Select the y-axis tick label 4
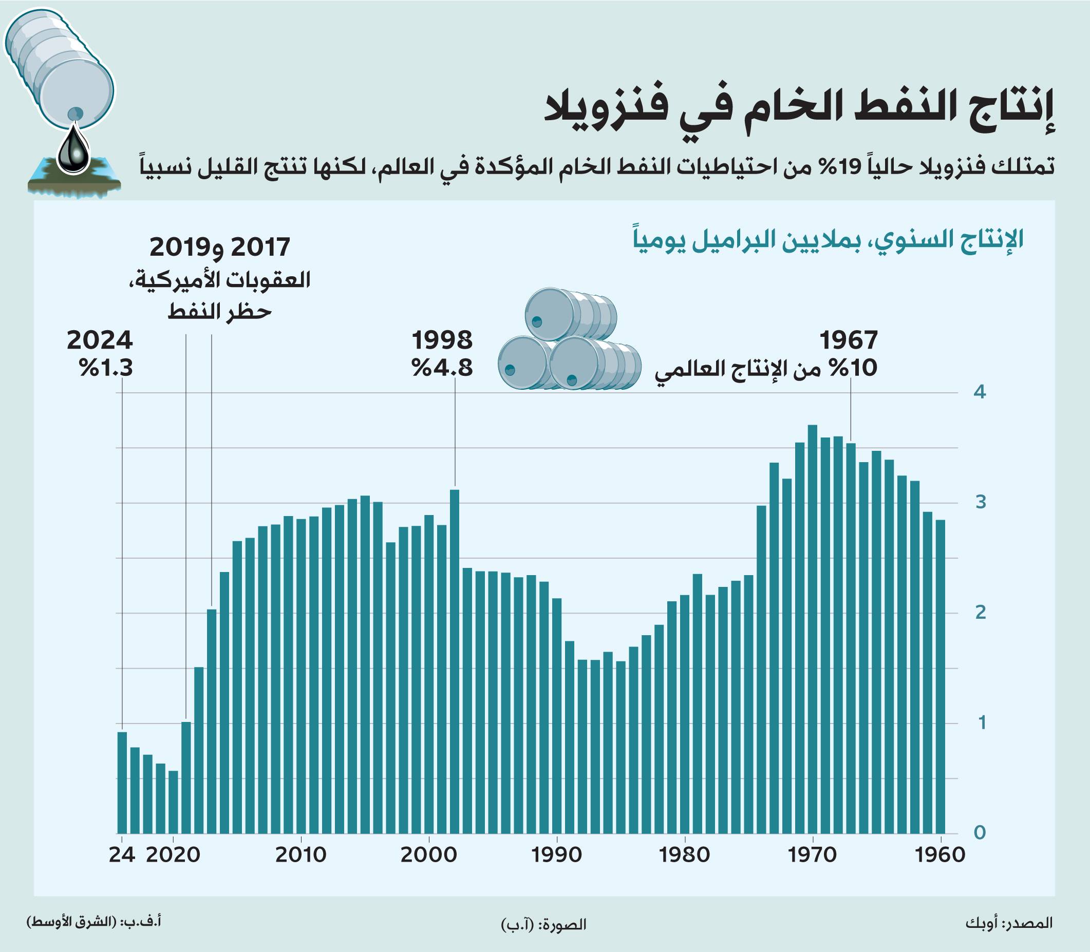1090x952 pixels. pos(980,393)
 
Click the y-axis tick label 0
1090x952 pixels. pos(980,832)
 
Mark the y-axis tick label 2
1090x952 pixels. pos(980,613)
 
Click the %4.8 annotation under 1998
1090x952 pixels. pos(442,368)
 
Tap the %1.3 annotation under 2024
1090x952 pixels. pos(105,368)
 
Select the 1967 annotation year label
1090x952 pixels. pos(848,340)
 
